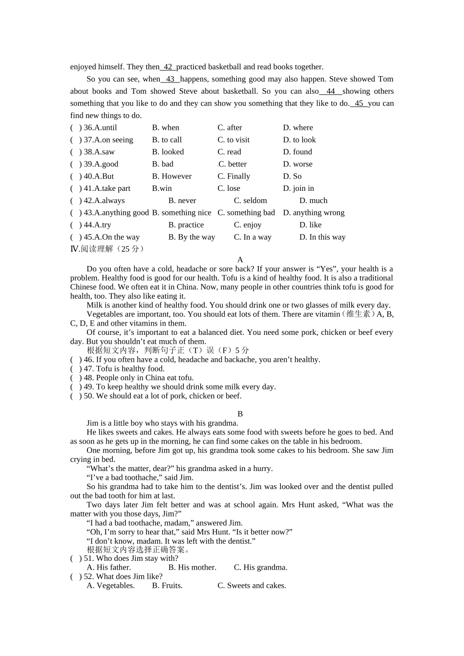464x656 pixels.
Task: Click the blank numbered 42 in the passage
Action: click(x=168, y=67)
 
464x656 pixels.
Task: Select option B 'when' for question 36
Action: click(x=166, y=127)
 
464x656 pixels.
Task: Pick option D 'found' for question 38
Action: click(x=297, y=152)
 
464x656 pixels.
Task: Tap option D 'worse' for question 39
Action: click(x=297, y=164)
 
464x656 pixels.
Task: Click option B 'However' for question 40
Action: click(x=171, y=176)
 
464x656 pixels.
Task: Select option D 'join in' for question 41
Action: click(x=298, y=188)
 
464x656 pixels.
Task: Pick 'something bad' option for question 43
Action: click(x=246, y=213)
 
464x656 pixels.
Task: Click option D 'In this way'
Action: click(x=322, y=237)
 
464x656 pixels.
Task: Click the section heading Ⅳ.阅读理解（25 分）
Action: click(x=107, y=249)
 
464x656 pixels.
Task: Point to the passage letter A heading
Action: click(x=240, y=260)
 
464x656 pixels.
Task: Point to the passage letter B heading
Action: click(x=240, y=414)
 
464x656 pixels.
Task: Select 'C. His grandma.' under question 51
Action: click(x=260, y=567)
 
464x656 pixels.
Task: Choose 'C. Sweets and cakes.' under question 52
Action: click(x=252, y=586)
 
